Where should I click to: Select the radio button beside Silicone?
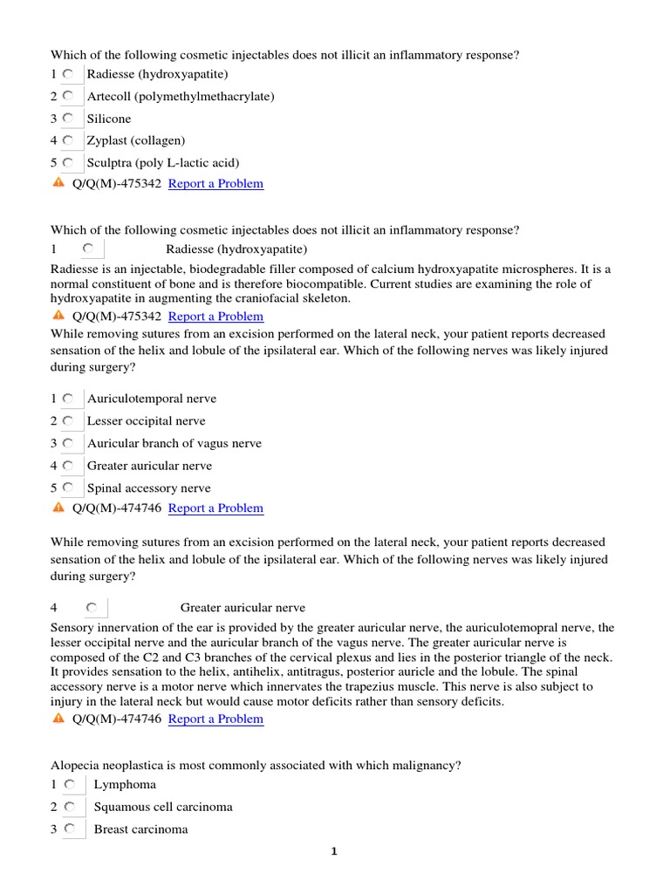point(68,119)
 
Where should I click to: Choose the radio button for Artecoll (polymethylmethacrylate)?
point(68,96)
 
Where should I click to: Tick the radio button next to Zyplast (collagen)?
point(68,140)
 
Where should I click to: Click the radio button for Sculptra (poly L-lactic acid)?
point(68,163)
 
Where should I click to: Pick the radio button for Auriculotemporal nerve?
point(68,399)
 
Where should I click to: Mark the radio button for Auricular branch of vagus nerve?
point(68,443)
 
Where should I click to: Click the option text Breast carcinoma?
point(140,829)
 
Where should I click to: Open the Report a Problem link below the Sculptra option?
point(215,184)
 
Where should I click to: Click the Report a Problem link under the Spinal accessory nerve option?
point(215,508)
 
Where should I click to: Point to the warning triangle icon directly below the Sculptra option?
point(58,183)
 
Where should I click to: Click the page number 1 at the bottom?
point(333,852)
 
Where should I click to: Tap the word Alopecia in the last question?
point(76,766)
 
